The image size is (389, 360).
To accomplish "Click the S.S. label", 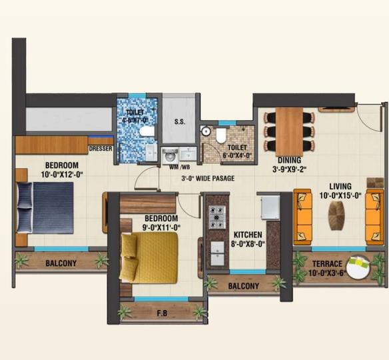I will pyautogui.click(x=179, y=122).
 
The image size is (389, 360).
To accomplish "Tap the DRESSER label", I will pyautogui.click(x=100, y=149).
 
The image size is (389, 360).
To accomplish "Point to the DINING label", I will pyautogui.click(x=290, y=160).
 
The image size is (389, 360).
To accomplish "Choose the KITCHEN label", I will pyautogui.click(x=247, y=235).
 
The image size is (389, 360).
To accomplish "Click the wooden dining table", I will pyautogui.click(x=289, y=131).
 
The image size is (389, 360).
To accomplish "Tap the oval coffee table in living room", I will pyautogui.click(x=337, y=215).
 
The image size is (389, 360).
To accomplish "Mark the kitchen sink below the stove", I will pyautogui.click(x=218, y=252).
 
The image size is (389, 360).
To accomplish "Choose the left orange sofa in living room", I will pyautogui.click(x=303, y=215).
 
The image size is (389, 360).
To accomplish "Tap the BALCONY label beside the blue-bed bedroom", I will pyautogui.click(x=61, y=263).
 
